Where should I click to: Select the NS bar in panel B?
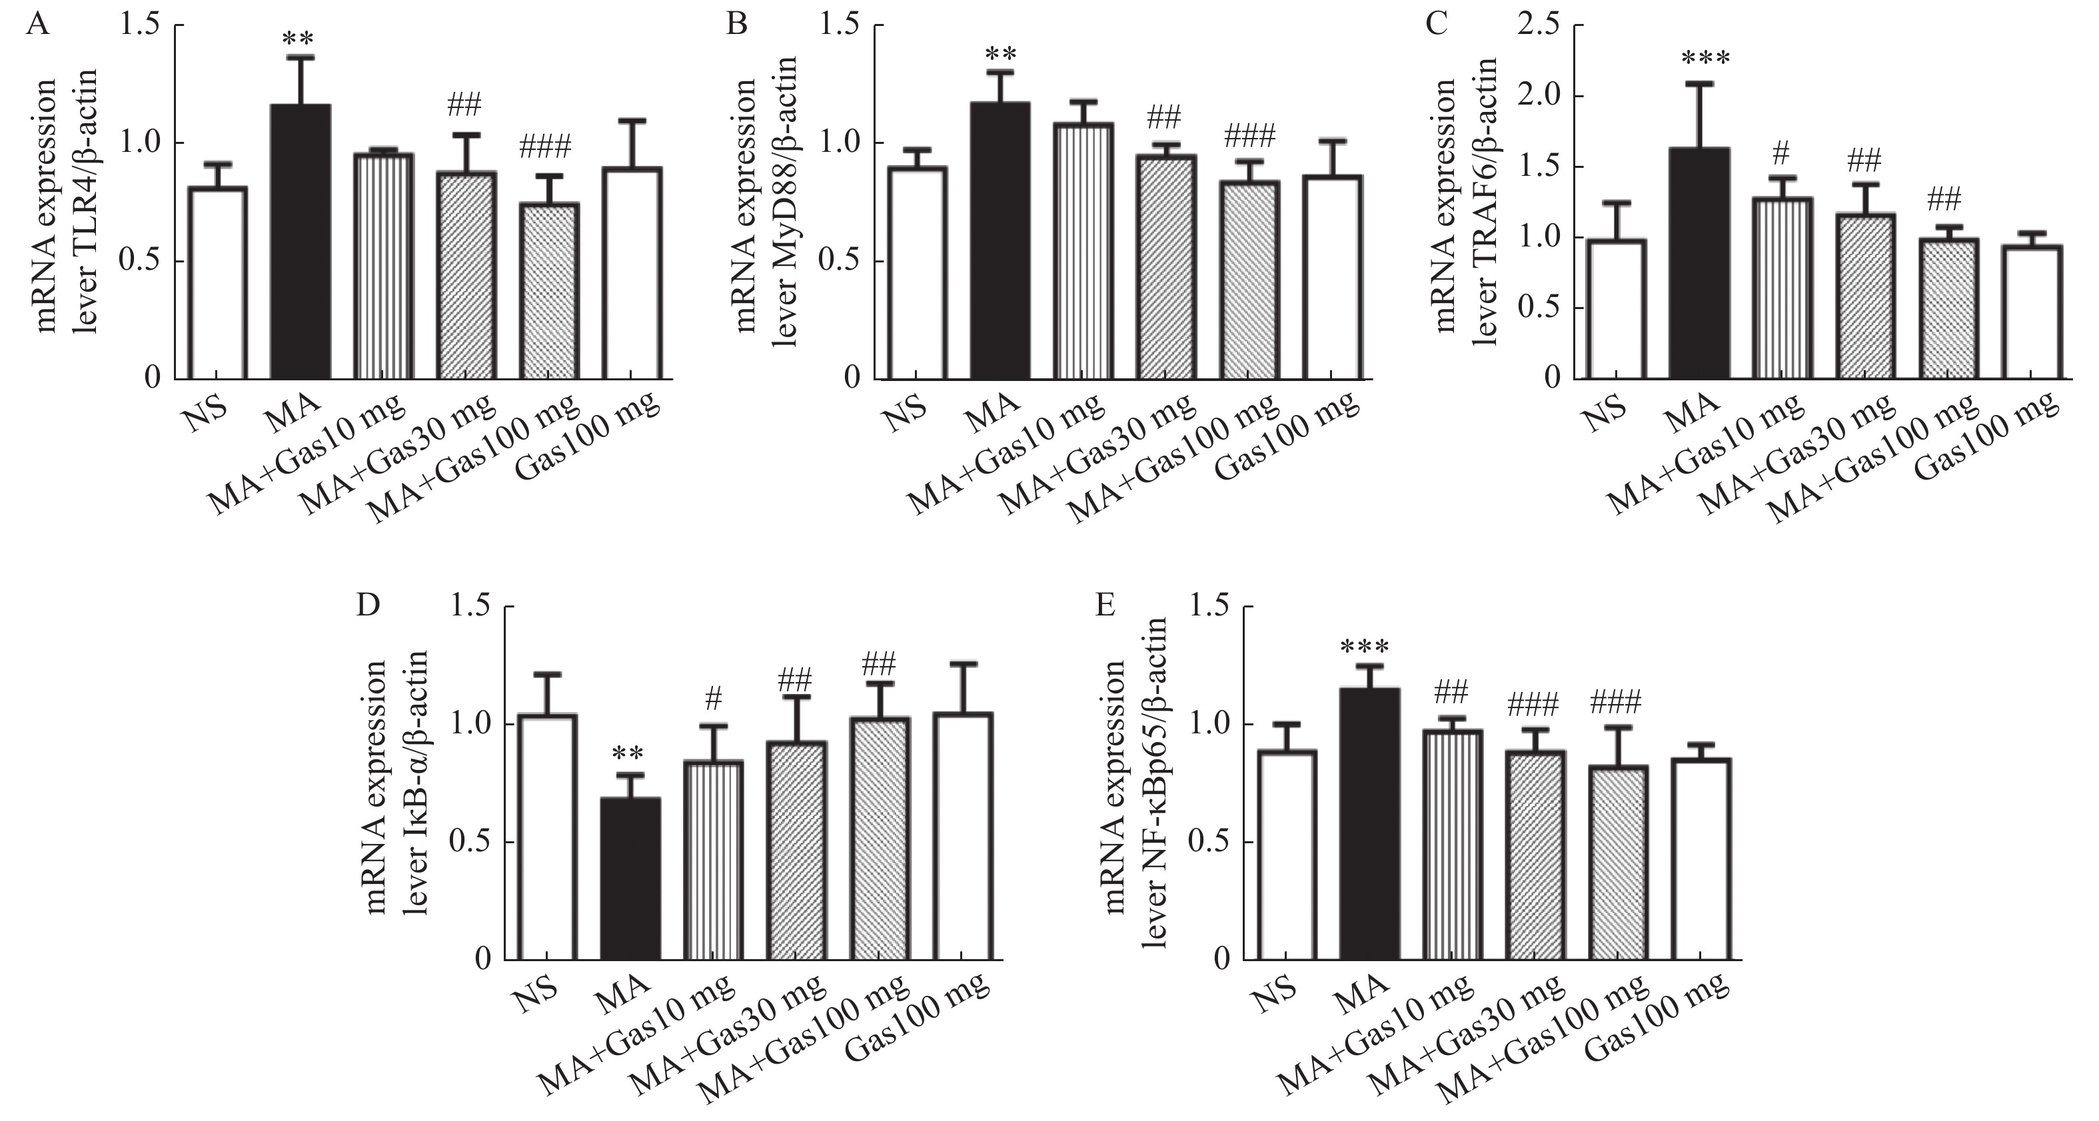point(917,273)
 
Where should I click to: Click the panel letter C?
point(1436,25)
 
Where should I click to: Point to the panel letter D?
point(368,606)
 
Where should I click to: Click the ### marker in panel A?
point(545,147)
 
